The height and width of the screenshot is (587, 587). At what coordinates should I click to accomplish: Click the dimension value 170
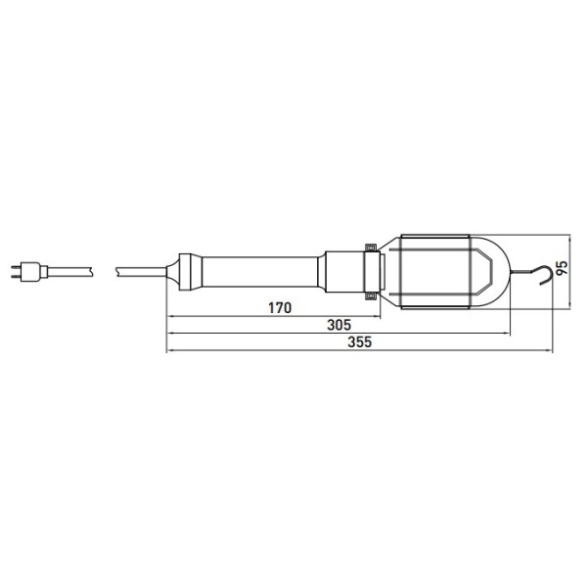click(280, 308)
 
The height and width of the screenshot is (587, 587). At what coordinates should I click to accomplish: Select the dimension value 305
click(339, 325)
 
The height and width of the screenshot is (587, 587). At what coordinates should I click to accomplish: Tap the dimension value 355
click(359, 341)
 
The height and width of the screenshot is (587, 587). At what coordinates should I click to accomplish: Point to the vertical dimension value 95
click(562, 268)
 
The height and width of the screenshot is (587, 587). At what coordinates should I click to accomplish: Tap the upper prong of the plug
click(16, 267)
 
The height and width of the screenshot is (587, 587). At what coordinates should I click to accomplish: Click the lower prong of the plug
click(16, 276)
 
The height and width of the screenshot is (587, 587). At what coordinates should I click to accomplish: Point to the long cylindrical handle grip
click(260, 272)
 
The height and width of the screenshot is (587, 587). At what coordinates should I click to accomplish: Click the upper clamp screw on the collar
click(371, 248)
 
